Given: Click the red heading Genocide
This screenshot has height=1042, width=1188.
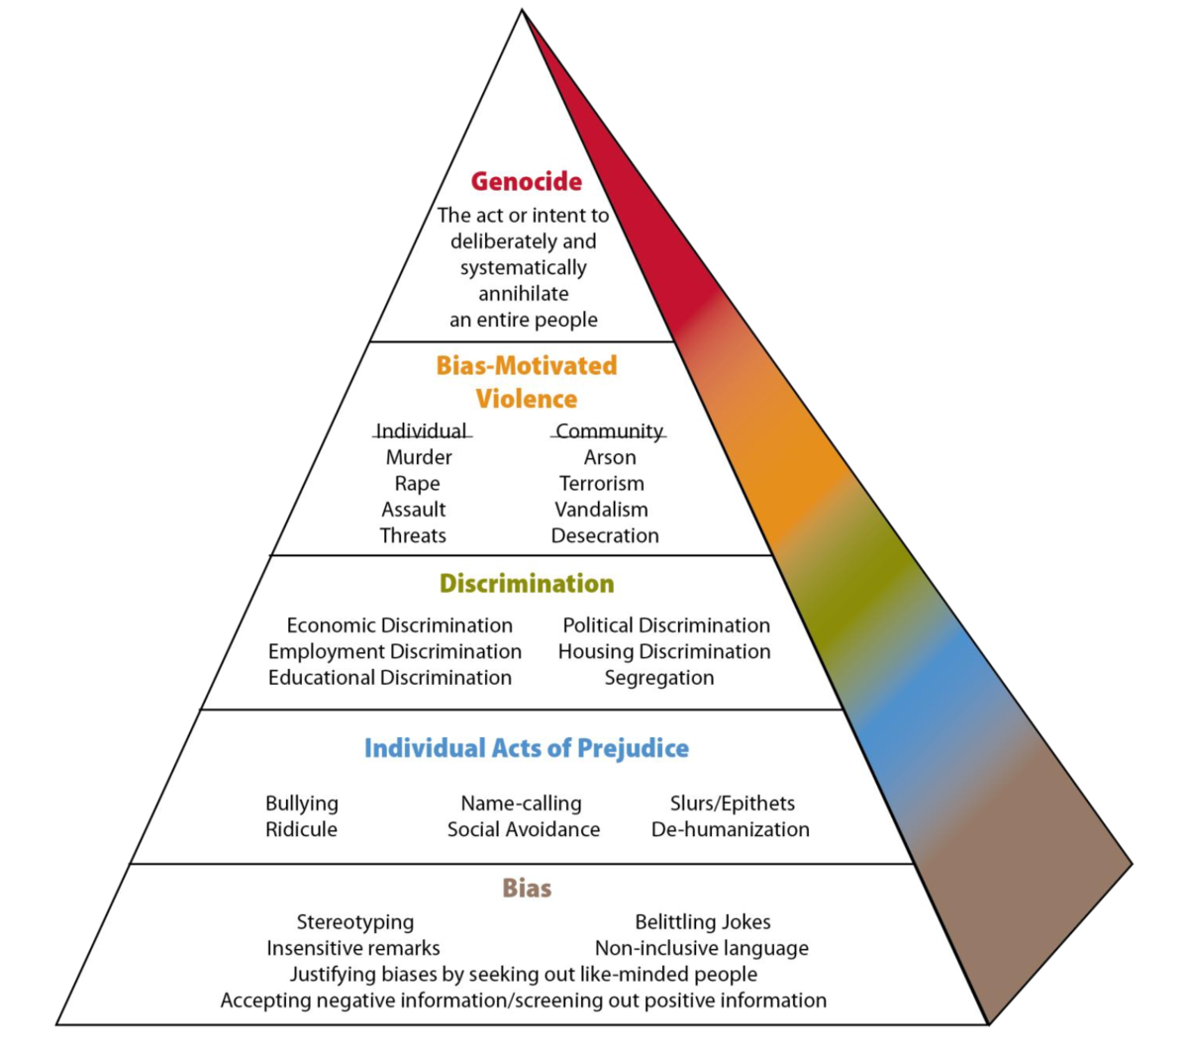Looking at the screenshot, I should [526, 181].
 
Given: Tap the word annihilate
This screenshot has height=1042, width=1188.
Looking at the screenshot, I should [524, 294].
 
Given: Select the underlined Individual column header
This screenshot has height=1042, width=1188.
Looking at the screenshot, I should [422, 430].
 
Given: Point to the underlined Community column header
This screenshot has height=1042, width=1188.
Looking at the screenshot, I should [609, 430].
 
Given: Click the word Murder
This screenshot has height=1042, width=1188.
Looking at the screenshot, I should [419, 457].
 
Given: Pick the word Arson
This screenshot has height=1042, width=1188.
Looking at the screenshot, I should [610, 457].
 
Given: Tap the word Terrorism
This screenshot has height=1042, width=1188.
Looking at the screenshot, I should [602, 483].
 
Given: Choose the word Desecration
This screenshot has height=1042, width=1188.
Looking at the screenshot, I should [605, 535].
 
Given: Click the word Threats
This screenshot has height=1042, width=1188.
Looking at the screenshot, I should [413, 535].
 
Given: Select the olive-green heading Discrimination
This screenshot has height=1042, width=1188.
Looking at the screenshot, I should [527, 583].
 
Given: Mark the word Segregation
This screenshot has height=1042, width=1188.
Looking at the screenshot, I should [659, 678].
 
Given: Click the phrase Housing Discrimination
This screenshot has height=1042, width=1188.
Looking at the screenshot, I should [664, 651].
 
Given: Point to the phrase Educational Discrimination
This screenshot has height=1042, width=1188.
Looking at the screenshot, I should [390, 678].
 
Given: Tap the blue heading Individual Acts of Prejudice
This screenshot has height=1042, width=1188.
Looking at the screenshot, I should [527, 748].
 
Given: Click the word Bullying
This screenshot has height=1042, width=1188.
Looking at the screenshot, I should [302, 804].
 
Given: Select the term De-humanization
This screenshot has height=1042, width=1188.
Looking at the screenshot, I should [731, 829].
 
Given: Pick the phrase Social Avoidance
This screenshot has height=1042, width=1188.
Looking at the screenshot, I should [524, 829].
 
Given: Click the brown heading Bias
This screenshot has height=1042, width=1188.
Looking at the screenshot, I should [527, 888].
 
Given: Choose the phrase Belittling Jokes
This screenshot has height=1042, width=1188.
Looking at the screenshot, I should [703, 922].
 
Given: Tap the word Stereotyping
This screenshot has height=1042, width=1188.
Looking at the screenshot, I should [355, 922].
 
